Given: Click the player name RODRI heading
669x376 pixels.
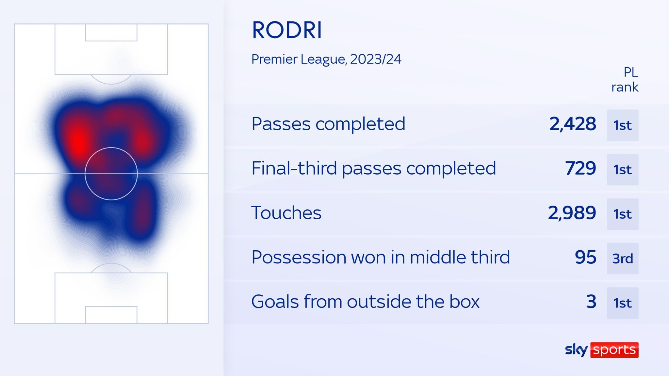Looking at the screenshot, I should coord(287,30).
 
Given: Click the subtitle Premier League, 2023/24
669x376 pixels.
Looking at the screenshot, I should coord(326,59).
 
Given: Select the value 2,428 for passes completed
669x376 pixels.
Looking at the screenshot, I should coord(572,124).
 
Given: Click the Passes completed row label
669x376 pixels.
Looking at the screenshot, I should coord(328,124).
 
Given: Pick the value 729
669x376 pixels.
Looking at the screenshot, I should coord(580,168).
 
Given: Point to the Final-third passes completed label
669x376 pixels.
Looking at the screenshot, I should coord(373,168).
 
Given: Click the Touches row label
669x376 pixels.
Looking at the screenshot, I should coord(286,213).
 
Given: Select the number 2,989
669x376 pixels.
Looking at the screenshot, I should coord(572,213).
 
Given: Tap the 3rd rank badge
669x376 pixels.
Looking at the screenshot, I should coord(623,258).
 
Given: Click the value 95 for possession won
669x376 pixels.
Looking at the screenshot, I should coord(585,257).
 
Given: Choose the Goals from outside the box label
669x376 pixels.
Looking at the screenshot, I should coord(365,302).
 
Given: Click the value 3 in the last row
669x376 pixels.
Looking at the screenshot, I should coord(591,302).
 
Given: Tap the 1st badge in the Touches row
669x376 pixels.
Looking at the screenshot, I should coord(623,214).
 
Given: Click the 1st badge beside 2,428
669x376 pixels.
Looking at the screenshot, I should coord(623,125).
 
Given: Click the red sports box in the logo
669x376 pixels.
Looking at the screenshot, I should coord(614,350).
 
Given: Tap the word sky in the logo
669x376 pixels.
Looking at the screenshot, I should coord(576,350).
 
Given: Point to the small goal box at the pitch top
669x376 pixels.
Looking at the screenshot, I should coord(111,32).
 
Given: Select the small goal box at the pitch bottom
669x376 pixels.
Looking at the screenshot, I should coord(111,315).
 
